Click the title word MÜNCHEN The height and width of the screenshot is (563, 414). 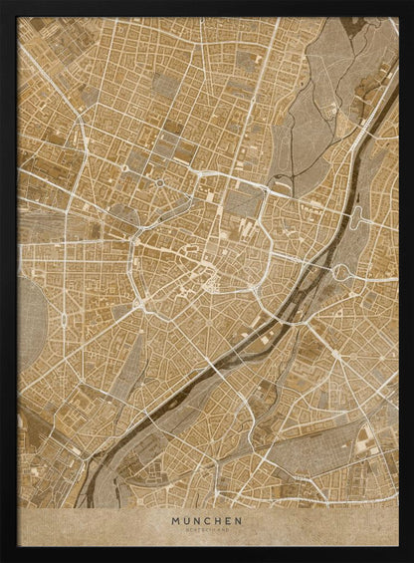click(x=207, y=519)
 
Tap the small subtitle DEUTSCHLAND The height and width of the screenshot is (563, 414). click(x=207, y=529)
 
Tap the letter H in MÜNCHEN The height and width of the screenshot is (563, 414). click(x=223, y=519)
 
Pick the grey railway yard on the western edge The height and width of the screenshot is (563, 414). click(x=35, y=224)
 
